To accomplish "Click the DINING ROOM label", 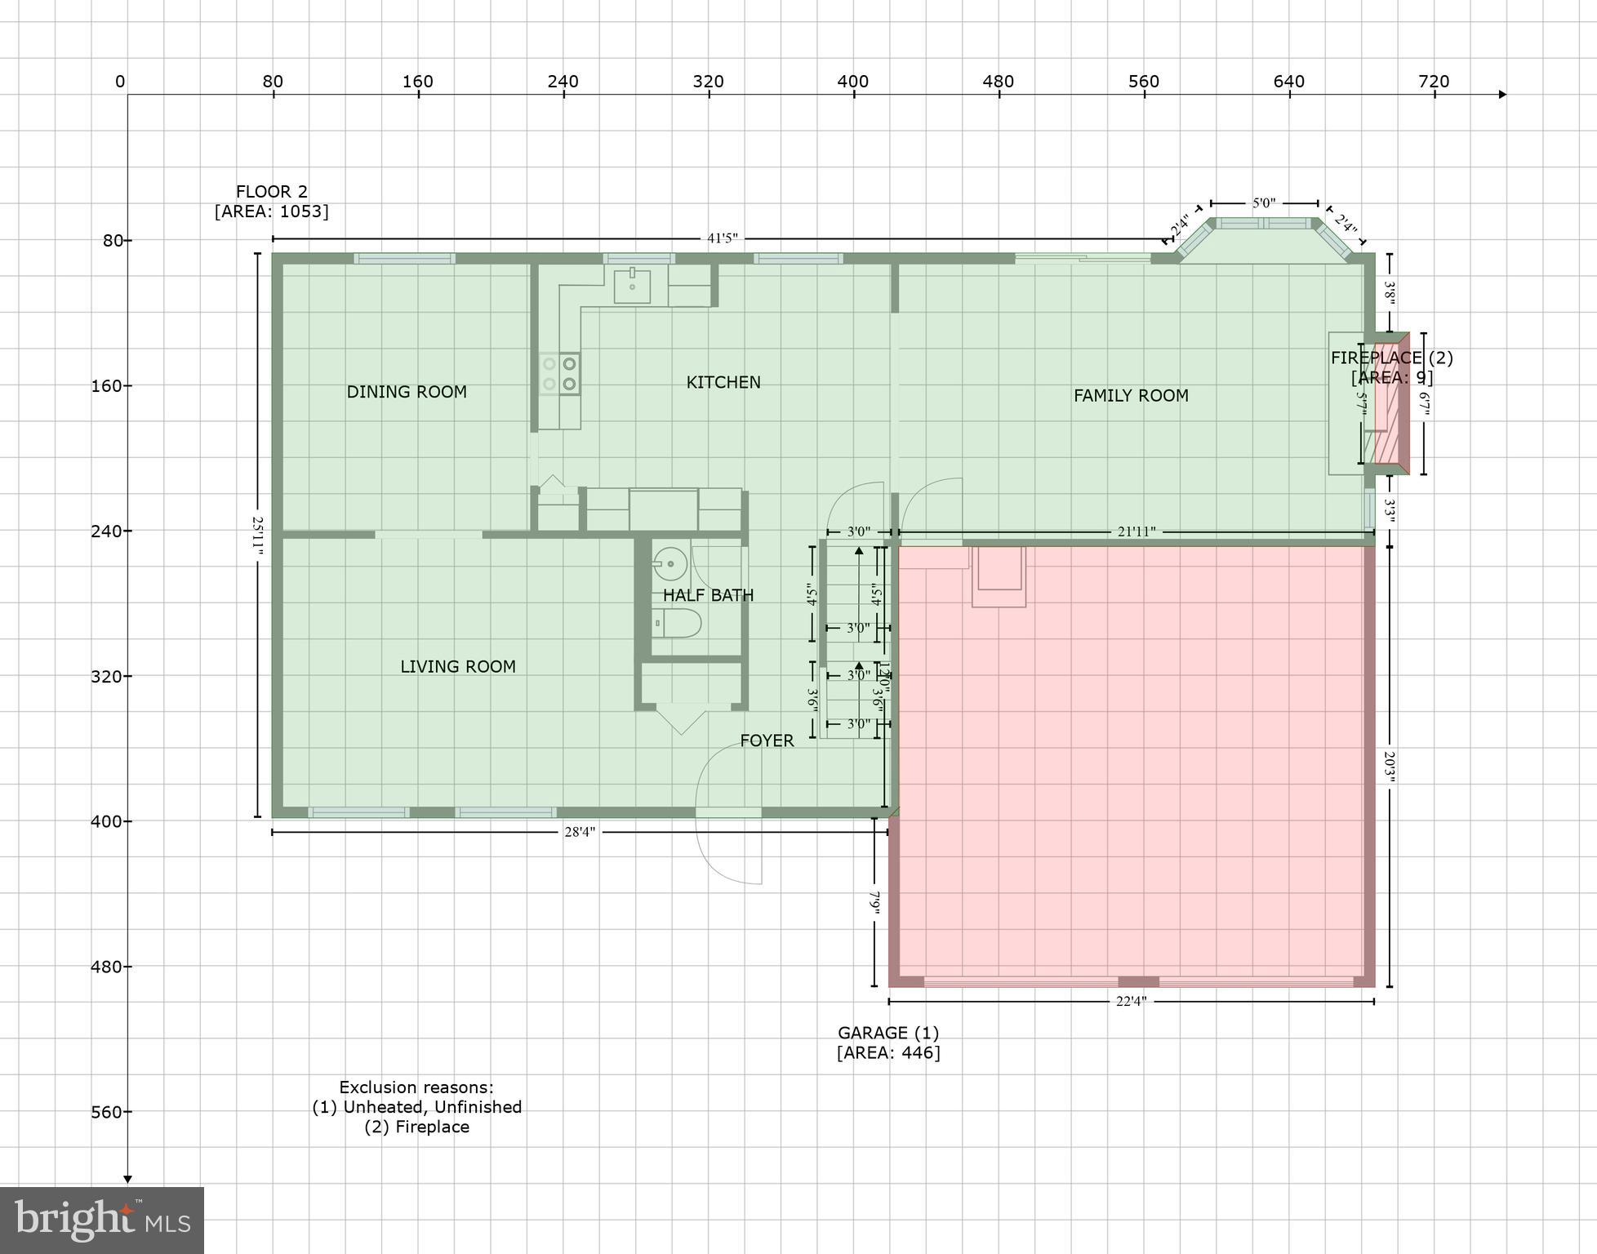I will coord(407,392).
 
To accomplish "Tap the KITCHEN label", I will coord(723,382).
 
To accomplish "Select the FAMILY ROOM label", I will coord(1130,396).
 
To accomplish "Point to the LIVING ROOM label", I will coord(457,667).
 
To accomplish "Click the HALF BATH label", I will coord(708,595).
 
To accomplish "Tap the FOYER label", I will coord(766,740).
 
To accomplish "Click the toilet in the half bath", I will coord(678,624).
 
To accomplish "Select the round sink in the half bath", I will coord(669,563).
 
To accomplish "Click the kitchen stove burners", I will coord(559,374).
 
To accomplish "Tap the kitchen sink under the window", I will coord(632,285).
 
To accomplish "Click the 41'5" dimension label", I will coord(722,238).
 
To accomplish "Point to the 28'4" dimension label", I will coord(580,832).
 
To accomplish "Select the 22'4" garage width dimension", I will coord(1131,1001).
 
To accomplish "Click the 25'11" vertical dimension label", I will coord(258,535).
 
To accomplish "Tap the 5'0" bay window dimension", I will coord(1263,202).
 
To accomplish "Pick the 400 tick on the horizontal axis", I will coord(853,82).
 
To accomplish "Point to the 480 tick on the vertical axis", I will coord(106,967).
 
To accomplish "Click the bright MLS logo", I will coord(102,1220).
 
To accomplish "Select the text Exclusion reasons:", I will coord(416,1087).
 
